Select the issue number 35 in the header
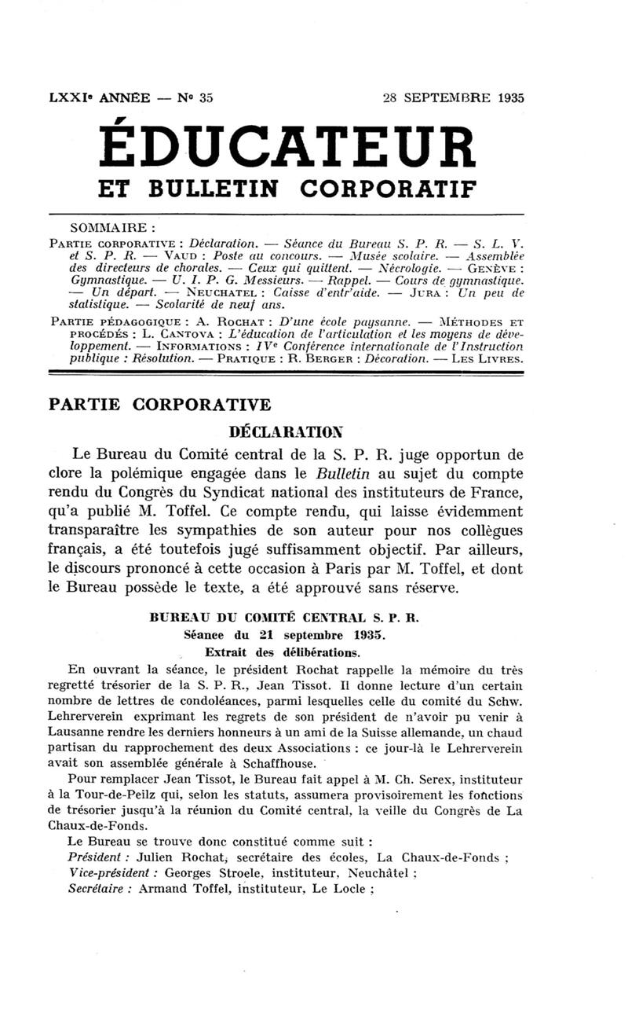point(206,98)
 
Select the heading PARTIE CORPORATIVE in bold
point(159,405)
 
